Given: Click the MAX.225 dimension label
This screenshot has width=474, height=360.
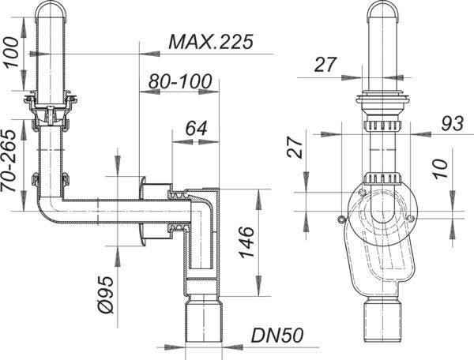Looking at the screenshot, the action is [x=211, y=42].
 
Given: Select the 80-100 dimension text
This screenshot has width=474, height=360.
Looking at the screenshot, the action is [x=180, y=81].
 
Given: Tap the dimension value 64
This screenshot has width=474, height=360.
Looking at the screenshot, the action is [x=196, y=128].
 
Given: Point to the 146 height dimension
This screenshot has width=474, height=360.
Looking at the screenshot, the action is [x=246, y=242].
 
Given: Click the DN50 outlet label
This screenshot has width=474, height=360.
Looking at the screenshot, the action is [x=277, y=336].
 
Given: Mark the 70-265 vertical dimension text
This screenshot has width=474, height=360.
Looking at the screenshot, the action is [x=8, y=161].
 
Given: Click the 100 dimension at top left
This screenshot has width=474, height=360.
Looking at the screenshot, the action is [x=11, y=53].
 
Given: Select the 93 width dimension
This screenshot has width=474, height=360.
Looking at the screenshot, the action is [x=452, y=123].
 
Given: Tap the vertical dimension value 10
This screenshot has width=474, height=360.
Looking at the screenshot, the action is [x=441, y=168].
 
